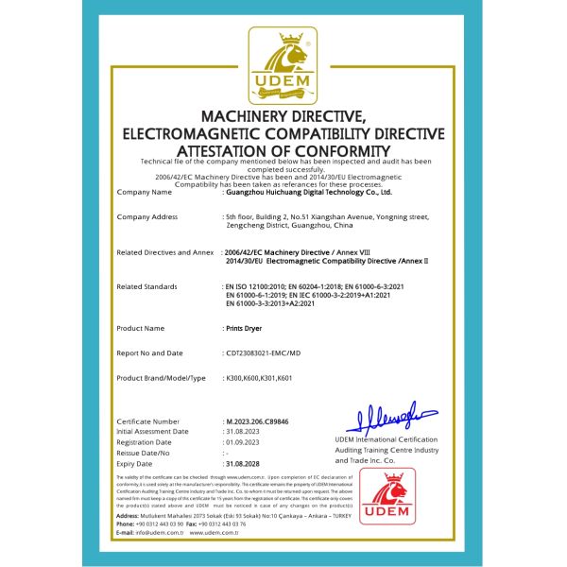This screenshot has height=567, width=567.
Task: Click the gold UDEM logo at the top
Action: pos(283,66)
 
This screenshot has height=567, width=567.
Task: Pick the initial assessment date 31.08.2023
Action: pos(241,431)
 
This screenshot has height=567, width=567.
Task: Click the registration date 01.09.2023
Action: pos(241,441)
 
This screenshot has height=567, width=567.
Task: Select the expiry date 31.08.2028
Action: pos(241,464)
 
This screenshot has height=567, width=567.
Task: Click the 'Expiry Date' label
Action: pos(137,464)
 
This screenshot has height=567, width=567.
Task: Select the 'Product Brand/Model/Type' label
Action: pos(161,378)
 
